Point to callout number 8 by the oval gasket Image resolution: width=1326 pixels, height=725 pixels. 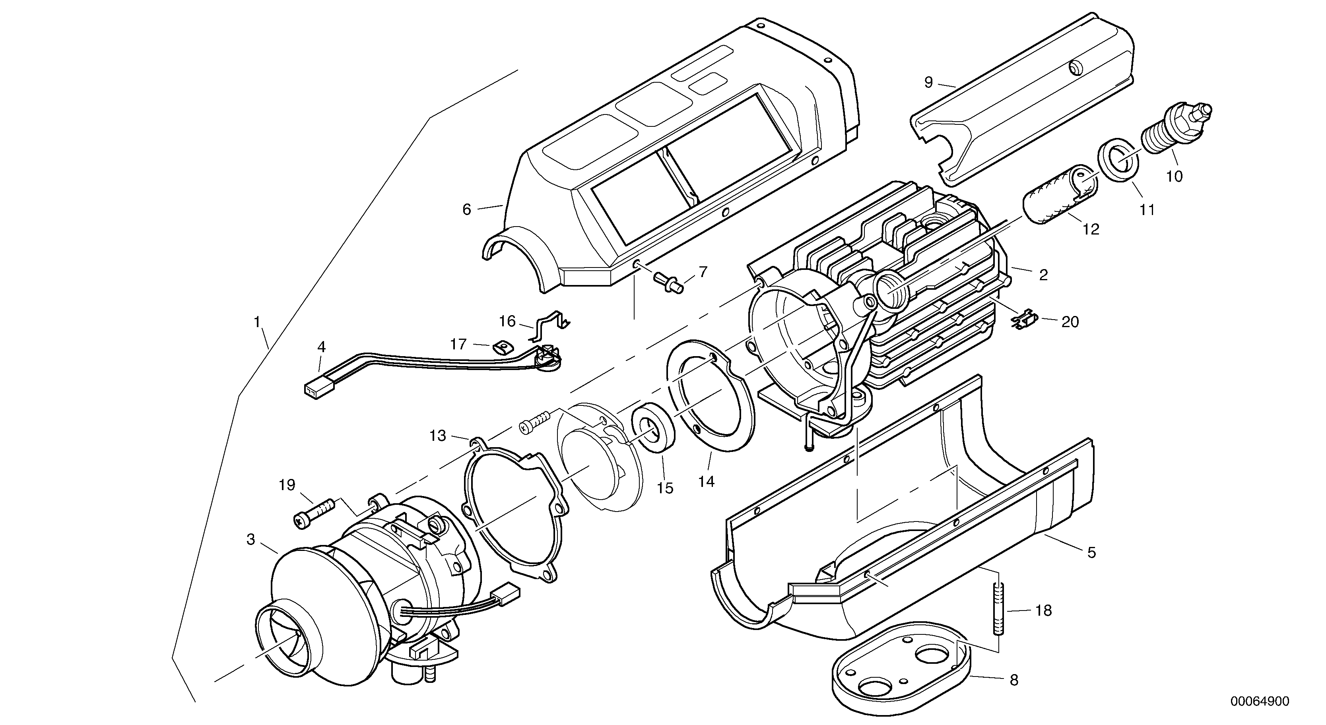point(1013,680)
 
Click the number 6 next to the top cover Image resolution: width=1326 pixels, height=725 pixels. point(466,210)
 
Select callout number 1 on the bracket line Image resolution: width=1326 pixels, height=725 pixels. point(256,323)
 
